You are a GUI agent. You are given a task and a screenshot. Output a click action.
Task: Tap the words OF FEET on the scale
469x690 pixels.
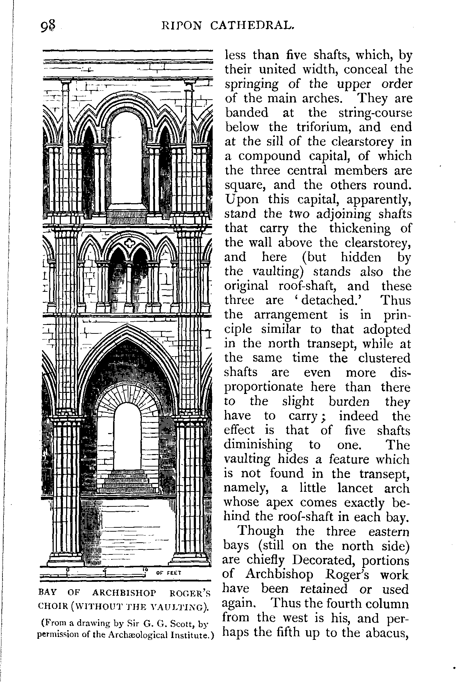pos(169,573)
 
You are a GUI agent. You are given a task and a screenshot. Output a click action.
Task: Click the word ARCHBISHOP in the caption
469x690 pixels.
pos(124,593)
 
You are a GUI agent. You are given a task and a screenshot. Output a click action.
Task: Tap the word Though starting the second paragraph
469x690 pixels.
pos(261,531)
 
